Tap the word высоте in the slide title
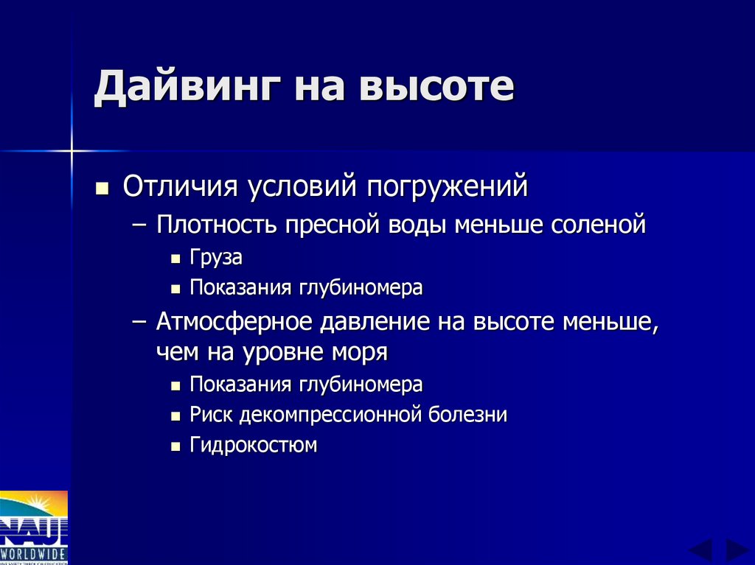[x=435, y=88]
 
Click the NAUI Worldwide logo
[x=34, y=527]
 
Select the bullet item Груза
[x=216, y=259]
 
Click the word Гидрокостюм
[x=253, y=445]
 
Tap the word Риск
[x=211, y=415]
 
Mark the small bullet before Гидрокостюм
[x=175, y=446]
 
